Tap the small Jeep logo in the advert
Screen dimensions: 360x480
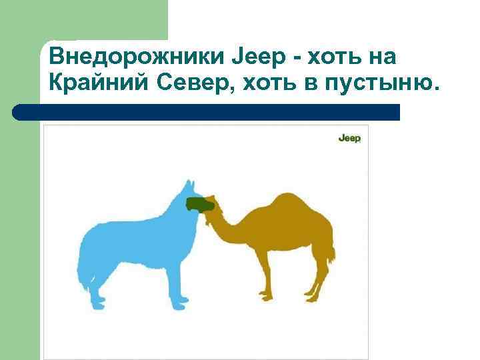click(x=349, y=138)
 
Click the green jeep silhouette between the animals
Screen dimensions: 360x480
click(x=199, y=204)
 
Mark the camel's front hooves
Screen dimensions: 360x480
click(x=267, y=295)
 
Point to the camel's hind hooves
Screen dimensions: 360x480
click(x=312, y=296)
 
